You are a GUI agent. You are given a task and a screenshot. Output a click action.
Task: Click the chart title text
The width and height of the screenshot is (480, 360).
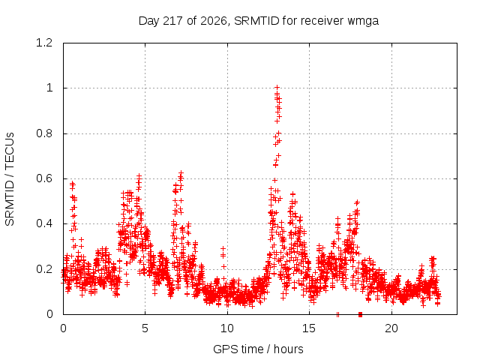tap(259, 21)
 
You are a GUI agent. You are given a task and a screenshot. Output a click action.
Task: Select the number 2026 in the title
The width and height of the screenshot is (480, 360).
tap(214, 21)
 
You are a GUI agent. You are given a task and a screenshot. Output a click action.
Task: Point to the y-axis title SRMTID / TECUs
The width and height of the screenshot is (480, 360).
tap(10, 179)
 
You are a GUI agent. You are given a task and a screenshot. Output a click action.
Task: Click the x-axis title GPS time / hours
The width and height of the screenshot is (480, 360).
tap(258, 349)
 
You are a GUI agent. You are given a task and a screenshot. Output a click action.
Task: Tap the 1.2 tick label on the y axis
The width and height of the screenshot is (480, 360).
tap(44, 43)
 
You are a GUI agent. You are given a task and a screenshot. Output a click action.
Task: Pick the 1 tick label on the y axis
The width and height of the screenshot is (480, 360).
tap(49, 88)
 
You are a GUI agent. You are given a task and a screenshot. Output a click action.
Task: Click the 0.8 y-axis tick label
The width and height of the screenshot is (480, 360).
tap(44, 133)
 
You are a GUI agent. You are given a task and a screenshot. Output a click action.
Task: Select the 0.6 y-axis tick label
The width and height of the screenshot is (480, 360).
tap(44, 178)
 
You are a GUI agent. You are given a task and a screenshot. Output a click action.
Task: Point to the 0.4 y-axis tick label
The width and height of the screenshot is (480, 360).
tap(44, 223)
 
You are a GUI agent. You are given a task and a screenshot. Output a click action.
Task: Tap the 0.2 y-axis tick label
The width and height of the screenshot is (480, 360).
tap(44, 269)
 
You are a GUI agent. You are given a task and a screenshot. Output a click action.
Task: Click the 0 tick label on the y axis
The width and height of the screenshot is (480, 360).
tap(49, 314)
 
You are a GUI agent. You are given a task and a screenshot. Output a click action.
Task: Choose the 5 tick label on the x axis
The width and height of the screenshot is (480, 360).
tap(145, 328)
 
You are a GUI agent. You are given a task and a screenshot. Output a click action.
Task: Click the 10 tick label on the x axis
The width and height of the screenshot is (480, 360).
tap(227, 328)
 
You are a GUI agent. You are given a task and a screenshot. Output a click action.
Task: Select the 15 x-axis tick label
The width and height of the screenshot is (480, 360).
tap(309, 328)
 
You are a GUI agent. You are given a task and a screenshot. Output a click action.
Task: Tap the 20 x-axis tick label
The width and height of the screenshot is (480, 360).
tap(391, 328)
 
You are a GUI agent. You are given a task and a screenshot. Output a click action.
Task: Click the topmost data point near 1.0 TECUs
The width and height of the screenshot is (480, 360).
tap(277, 88)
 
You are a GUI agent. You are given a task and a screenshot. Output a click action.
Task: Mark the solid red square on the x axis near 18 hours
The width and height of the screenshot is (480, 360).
tap(360, 314)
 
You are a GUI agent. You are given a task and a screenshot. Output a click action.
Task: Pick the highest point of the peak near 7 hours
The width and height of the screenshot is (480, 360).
tap(181, 173)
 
